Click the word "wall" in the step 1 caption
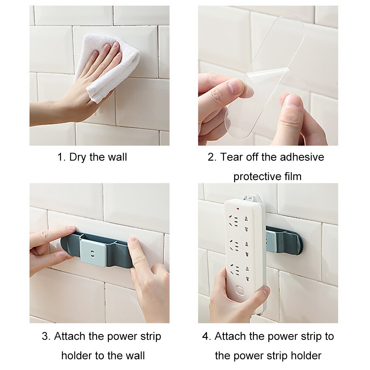click(117, 157)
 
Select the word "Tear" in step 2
click(232, 157)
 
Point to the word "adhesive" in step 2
click(301, 157)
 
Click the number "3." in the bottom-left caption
click(46, 337)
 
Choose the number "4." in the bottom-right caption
click(207, 337)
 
